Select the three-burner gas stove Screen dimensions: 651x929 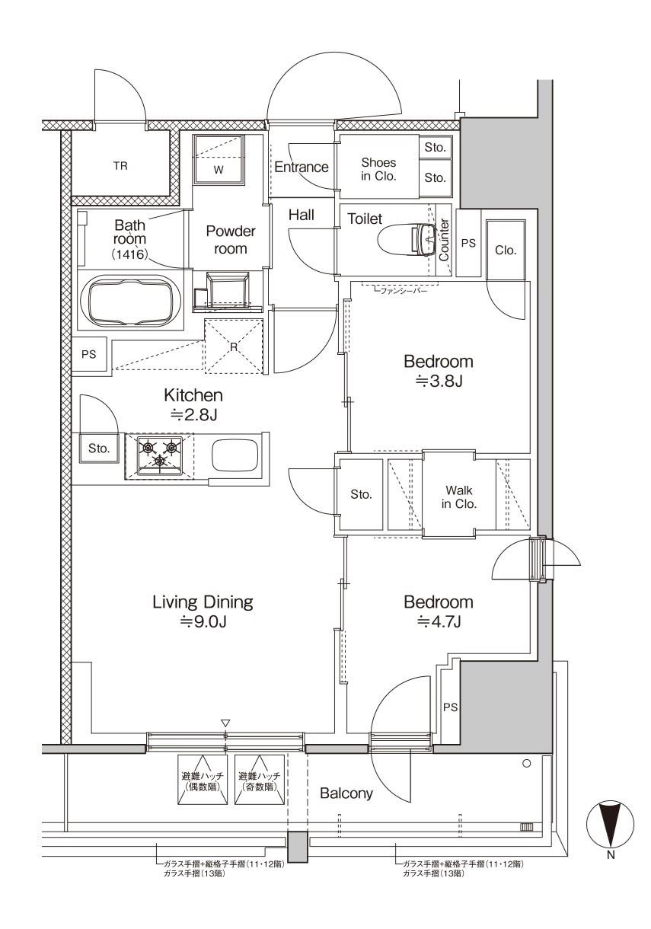(159, 456)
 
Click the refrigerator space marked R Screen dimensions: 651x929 (233, 346)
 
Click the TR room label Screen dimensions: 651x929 (120, 166)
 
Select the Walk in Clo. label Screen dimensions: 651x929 (458, 496)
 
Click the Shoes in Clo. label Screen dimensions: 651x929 (378, 169)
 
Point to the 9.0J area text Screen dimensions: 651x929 (203, 621)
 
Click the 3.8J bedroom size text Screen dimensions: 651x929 (439, 380)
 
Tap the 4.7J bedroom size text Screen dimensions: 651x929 (439, 621)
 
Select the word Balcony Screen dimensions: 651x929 (346, 793)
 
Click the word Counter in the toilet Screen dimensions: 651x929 (444, 240)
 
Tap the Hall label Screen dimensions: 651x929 (302, 215)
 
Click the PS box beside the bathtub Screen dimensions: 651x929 (89, 354)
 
